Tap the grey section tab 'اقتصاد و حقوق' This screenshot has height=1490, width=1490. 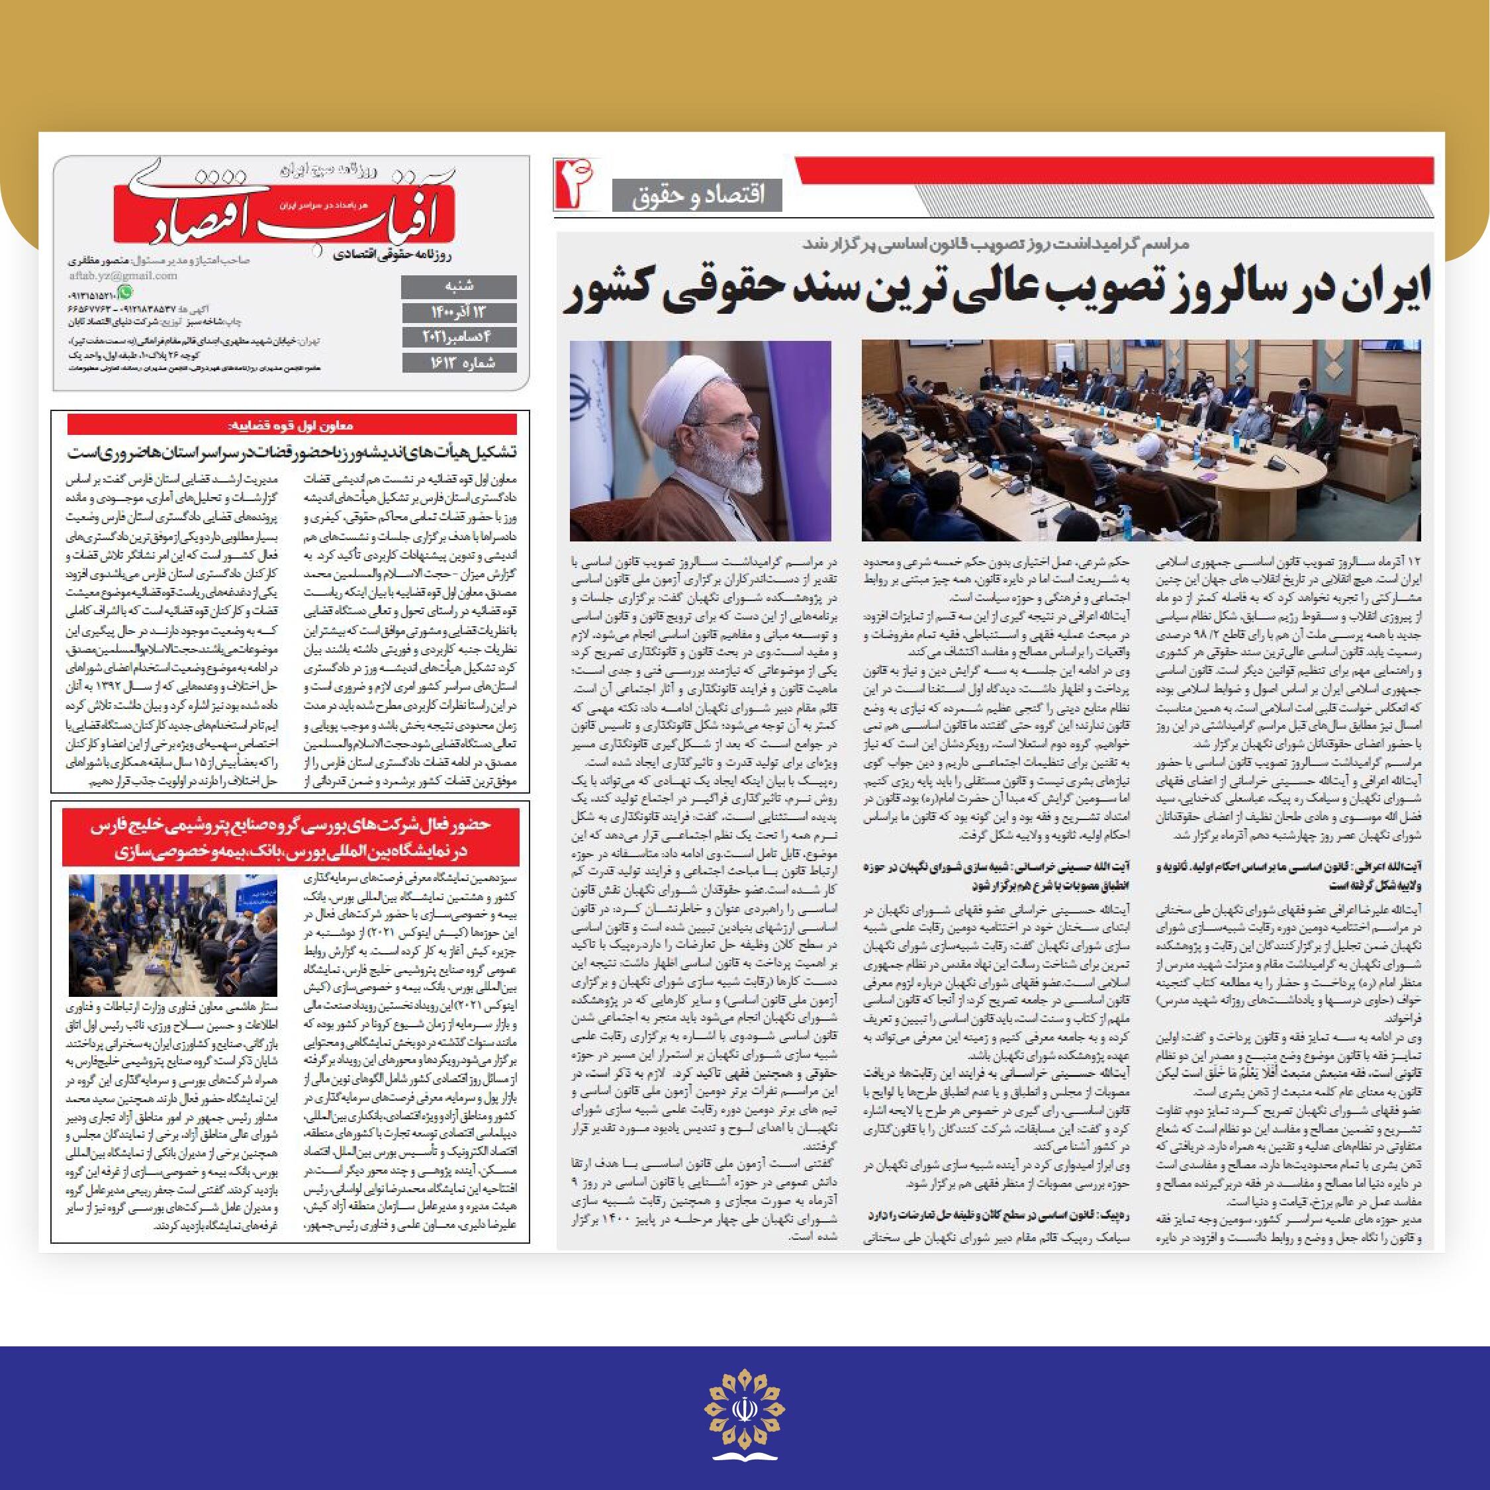(x=697, y=195)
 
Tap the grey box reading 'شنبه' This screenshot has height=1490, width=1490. (x=459, y=287)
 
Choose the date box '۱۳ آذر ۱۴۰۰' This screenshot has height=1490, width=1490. (x=459, y=312)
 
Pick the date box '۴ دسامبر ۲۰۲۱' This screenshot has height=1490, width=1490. (x=459, y=337)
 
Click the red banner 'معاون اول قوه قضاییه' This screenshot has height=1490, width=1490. (x=291, y=425)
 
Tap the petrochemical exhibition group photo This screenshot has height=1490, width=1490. (x=173, y=935)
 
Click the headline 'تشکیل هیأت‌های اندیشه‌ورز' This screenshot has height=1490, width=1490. (x=291, y=452)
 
